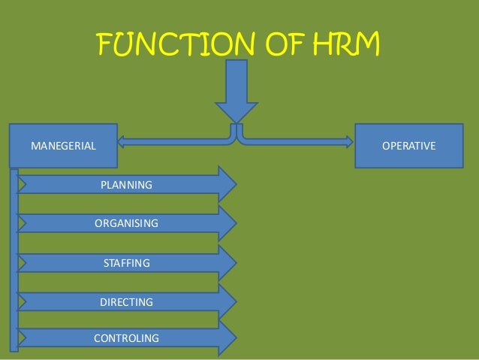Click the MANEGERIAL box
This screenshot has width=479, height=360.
[x=63, y=145]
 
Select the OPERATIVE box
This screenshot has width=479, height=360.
[x=408, y=145]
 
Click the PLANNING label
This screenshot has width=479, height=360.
[x=126, y=185]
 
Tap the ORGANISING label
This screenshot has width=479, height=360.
[x=126, y=223]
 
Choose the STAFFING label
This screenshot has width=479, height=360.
[x=126, y=263]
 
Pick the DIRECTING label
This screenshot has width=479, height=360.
[x=126, y=302]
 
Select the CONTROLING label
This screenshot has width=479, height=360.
[x=126, y=338]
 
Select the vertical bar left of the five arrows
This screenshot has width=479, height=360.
[x=14, y=259]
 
